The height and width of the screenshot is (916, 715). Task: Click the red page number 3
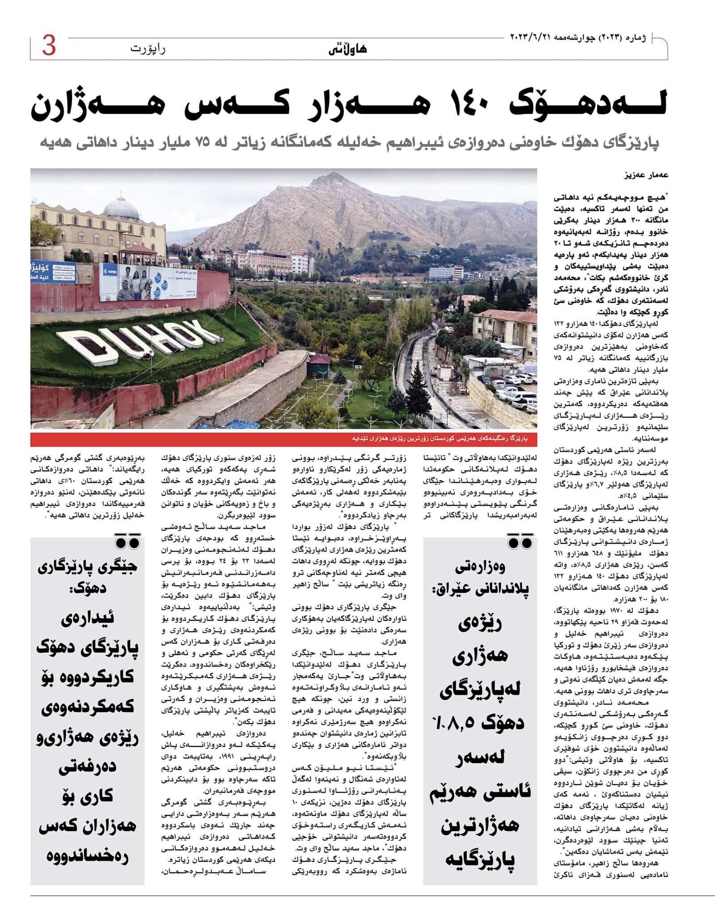[49, 47]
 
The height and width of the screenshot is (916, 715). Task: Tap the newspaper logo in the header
[354, 49]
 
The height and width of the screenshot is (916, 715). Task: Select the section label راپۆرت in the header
[148, 49]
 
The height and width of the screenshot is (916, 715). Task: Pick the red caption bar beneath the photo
[283, 439]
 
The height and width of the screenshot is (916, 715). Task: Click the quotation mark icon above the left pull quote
[127, 542]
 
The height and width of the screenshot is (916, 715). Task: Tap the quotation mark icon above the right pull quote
[520, 542]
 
